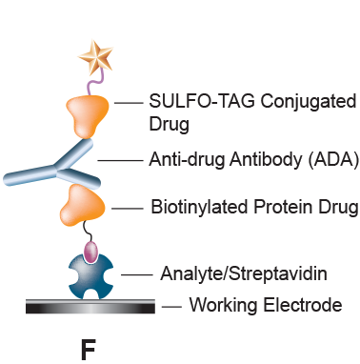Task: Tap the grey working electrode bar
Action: (91, 307)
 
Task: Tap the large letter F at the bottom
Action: (88, 349)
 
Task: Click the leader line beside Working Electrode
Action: (170, 307)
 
